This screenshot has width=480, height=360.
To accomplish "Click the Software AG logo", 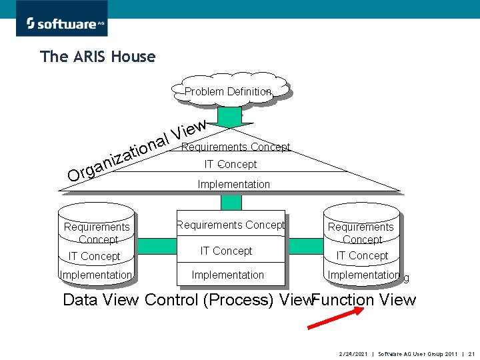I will [61, 23].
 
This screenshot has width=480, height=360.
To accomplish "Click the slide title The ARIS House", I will [97, 57].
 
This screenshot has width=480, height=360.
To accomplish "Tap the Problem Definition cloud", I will [229, 91].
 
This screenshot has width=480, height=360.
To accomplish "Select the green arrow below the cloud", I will [231, 117].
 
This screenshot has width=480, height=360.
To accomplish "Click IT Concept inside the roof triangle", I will [230, 164].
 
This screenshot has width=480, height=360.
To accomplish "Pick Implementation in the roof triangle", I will [233, 184].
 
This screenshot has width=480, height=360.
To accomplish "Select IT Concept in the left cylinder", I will [95, 256].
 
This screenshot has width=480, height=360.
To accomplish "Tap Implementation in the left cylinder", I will [95, 275].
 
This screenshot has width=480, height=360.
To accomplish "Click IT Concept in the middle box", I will [226, 251].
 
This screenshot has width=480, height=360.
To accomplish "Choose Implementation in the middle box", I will [227, 275].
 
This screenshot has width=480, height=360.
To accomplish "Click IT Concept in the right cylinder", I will [362, 255].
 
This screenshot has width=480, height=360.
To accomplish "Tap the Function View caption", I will [364, 300].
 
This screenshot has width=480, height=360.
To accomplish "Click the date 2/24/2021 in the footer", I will [353, 352].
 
